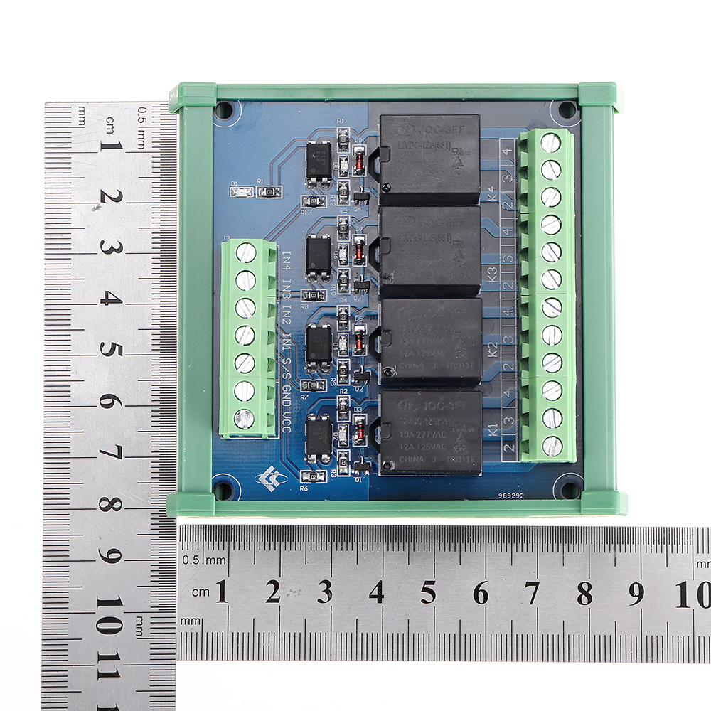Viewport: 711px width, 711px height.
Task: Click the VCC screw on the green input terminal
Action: tap(244, 419)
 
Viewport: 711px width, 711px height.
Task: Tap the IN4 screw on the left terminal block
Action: tap(245, 252)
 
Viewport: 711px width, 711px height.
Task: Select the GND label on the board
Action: tap(286, 395)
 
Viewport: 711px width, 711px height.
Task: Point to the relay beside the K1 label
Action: tap(430, 432)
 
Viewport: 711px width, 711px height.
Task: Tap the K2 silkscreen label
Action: tap(491, 351)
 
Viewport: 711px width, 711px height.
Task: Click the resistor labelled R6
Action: tap(309, 476)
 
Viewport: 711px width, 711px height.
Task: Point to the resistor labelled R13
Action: tap(310, 201)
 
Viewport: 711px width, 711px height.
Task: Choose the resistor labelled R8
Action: tap(310, 295)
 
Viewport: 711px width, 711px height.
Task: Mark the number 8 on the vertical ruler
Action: tap(110, 504)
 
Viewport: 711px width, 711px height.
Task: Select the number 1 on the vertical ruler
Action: tap(110, 146)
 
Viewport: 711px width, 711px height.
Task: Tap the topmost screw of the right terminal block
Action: tap(550, 143)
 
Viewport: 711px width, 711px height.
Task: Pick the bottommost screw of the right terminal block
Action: tap(552, 447)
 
